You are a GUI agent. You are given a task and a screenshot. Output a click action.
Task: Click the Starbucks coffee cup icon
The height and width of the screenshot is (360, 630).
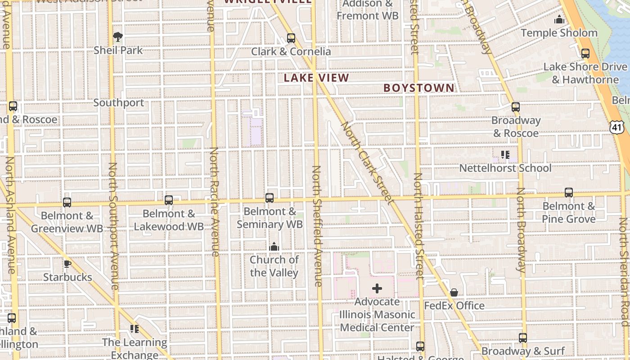[67, 264]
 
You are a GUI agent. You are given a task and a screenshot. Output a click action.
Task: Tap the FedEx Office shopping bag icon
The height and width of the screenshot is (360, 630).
[454, 293]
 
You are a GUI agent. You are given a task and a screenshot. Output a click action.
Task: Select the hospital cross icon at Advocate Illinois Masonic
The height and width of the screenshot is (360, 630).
[377, 288]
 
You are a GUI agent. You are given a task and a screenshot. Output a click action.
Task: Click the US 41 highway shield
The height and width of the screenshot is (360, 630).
[616, 127]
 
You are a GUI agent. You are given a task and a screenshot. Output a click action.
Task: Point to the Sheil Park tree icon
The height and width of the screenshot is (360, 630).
[118, 36]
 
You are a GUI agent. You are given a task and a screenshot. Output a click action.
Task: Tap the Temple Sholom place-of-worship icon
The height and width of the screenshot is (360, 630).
[559, 19]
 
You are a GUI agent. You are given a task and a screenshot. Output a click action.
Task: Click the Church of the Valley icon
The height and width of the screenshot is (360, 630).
[274, 247]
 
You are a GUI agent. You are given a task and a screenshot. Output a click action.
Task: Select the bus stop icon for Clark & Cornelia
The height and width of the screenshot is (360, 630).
[291, 38]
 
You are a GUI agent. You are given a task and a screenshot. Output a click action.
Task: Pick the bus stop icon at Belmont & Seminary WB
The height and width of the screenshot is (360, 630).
[270, 198]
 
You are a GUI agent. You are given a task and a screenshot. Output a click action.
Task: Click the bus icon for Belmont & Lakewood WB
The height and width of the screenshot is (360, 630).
[169, 200]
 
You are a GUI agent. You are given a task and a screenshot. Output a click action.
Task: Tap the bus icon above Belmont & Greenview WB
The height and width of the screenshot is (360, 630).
[67, 202]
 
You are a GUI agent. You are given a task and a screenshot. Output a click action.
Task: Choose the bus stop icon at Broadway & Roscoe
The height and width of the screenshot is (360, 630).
[516, 107]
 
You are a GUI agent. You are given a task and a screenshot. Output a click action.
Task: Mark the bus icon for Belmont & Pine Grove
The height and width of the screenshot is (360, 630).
[569, 193]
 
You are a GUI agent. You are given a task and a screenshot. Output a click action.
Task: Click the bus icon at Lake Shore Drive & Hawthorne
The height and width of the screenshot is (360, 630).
[585, 54]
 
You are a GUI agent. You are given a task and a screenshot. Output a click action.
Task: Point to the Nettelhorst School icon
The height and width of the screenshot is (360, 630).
[505, 155]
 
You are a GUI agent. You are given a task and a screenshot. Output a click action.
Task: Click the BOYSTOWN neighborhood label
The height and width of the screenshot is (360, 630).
[419, 88]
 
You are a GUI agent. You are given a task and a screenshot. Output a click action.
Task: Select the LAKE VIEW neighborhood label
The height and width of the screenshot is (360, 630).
[316, 78]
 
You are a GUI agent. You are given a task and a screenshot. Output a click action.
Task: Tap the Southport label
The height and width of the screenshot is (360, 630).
[119, 103]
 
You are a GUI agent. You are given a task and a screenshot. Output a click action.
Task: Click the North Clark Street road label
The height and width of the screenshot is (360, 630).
[367, 162]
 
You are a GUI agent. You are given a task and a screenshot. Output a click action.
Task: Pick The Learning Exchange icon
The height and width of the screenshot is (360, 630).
[134, 329]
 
